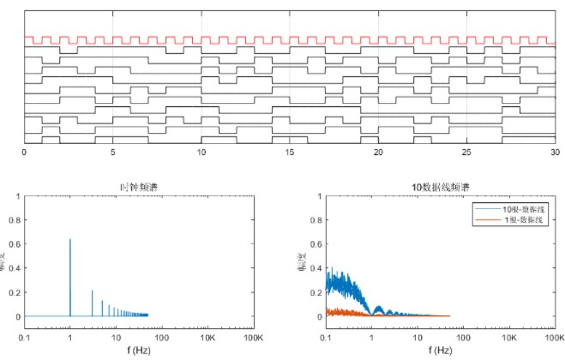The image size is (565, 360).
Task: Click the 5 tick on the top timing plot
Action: click(x=112, y=152)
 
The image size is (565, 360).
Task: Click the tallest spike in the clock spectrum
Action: click(x=70, y=239)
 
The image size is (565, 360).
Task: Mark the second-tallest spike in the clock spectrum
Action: click(x=92, y=291)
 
